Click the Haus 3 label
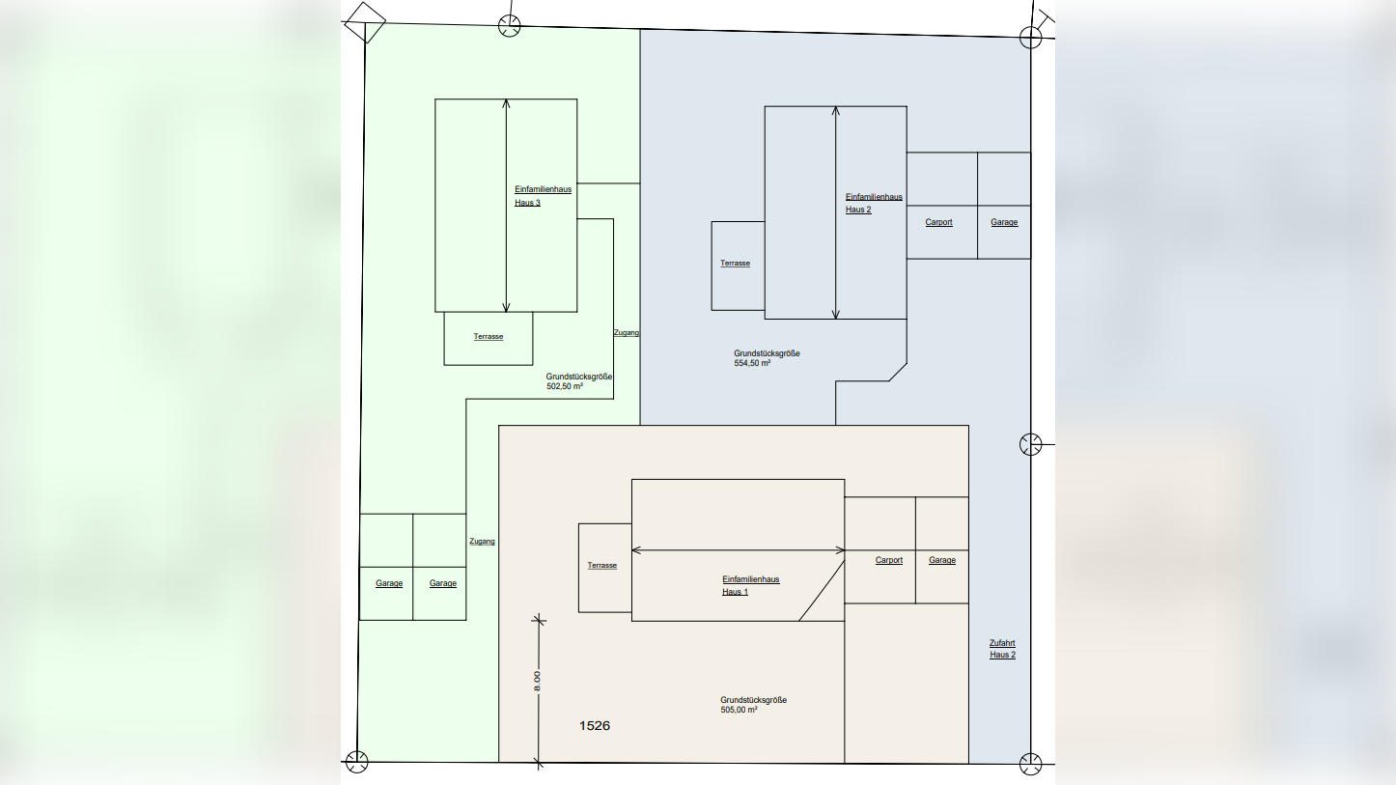(x=527, y=203)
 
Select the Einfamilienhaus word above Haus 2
(x=874, y=197)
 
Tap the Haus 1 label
(x=735, y=592)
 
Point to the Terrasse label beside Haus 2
(x=735, y=264)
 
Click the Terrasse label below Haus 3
(x=489, y=337)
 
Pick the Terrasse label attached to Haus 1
(x=601, y=566)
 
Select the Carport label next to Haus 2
(x=938, y=222)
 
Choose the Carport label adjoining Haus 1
(x=889, y=560)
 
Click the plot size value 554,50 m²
(x=752, y=364)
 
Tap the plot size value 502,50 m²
(x=565, y=386)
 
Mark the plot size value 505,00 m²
(x=739, y=710)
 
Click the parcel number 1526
(x=595, y=725)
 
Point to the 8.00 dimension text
(x=538, y=681)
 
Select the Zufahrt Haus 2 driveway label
(x=1002, y=649)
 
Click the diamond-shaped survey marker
(x=366, y=20)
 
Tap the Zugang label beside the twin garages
(x=482, y=542)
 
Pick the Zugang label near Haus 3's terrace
(x=627, y=333)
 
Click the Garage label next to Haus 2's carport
(x=1004, y=222)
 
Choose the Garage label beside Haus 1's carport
(x=942, y=560)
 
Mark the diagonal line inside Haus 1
(x=822, y=588)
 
